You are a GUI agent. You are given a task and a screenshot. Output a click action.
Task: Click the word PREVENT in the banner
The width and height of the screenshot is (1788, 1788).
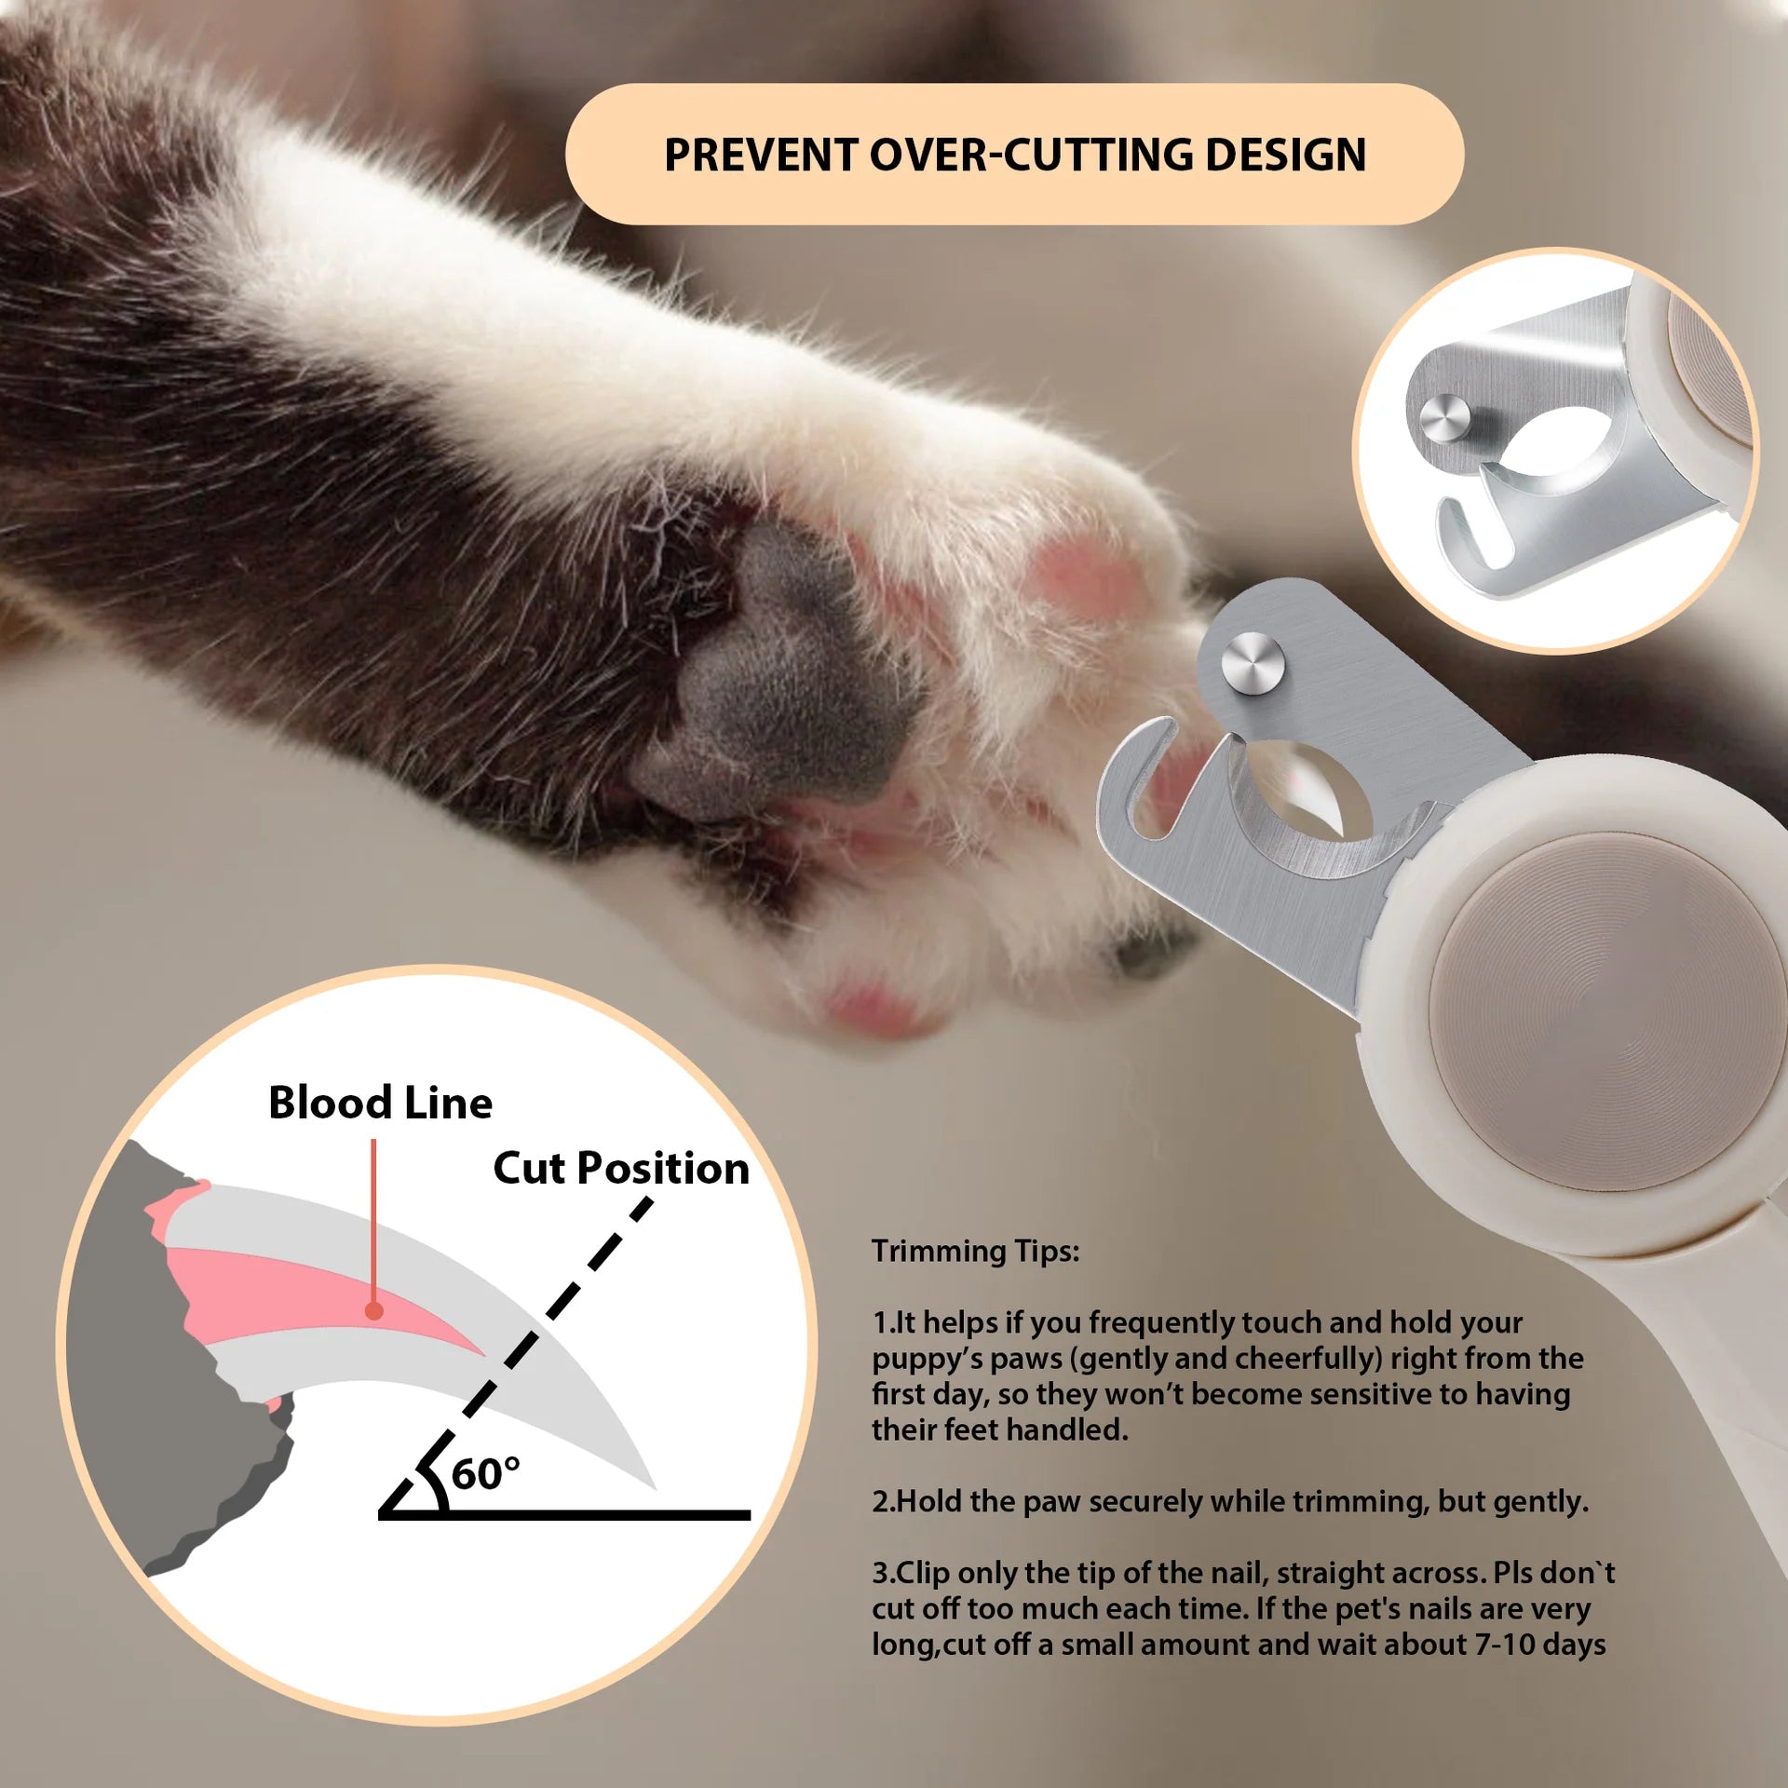(760, 155)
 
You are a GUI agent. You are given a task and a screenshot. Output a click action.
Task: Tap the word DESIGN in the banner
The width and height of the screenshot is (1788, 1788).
(1285, 155)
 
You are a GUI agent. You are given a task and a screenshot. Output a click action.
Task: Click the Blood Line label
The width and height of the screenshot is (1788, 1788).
(380, 1103)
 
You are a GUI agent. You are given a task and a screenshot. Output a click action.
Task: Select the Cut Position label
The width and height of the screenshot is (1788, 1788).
(621, 1168)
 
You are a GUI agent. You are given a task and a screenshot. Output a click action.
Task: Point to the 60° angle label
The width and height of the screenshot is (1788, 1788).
(485, 1474)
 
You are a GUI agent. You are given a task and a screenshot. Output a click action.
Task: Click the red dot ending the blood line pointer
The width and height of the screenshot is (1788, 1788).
(373, 1311)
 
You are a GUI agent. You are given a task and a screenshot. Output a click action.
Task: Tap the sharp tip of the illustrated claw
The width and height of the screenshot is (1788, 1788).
(656, 1488)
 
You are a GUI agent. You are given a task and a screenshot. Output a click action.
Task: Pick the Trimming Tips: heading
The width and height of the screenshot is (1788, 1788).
(975, 1251)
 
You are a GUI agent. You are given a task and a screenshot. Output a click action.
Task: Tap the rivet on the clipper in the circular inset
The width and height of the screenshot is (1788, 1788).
(1444, 418)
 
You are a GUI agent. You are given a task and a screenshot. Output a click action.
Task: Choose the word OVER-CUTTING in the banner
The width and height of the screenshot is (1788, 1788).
(1030, 155)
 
